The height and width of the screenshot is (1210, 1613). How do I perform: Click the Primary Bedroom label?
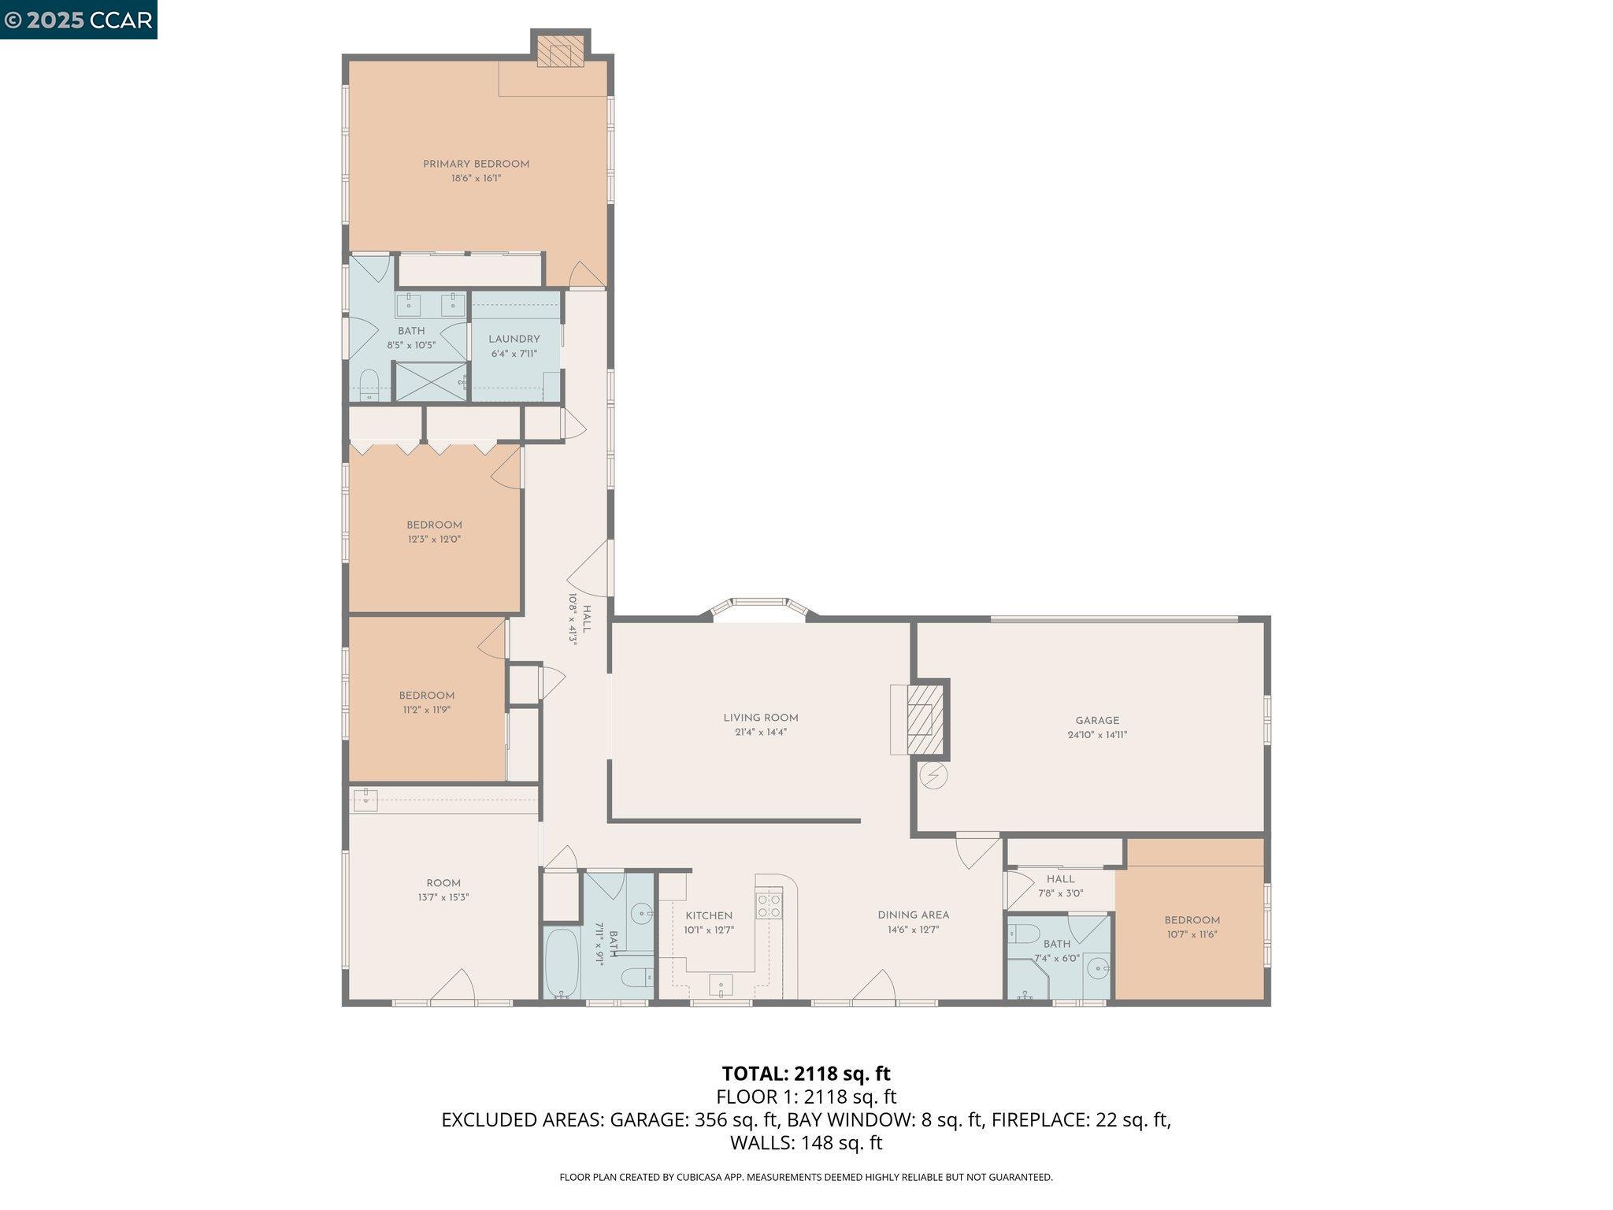(476, 164)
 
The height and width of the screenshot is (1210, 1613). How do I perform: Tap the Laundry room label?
(514, 339)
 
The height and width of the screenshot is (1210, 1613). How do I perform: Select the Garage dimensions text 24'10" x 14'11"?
(1097, 735)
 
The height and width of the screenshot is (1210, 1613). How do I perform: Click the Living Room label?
(761, 718)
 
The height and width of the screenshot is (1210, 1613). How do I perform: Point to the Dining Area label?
(913, 915)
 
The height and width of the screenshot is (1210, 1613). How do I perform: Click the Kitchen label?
(709, 915)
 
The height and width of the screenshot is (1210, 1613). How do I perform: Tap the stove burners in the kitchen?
(769, 906)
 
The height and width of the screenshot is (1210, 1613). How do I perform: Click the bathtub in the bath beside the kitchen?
(562, 963)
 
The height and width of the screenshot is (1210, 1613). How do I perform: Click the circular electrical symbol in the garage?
(933, 776)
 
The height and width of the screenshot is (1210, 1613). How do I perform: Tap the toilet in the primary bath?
(369, 384)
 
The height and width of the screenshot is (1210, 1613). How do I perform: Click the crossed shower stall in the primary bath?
(430, 381)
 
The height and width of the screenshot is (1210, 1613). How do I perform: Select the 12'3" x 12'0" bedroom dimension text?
(434, 540)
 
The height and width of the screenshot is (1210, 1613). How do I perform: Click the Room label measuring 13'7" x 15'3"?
(443, 883)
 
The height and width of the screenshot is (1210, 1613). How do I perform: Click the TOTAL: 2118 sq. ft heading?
(806, 1074)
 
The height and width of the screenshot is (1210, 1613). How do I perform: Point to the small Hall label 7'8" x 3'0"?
(1060, 879)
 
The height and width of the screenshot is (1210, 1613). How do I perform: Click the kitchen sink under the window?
(721, 985)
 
